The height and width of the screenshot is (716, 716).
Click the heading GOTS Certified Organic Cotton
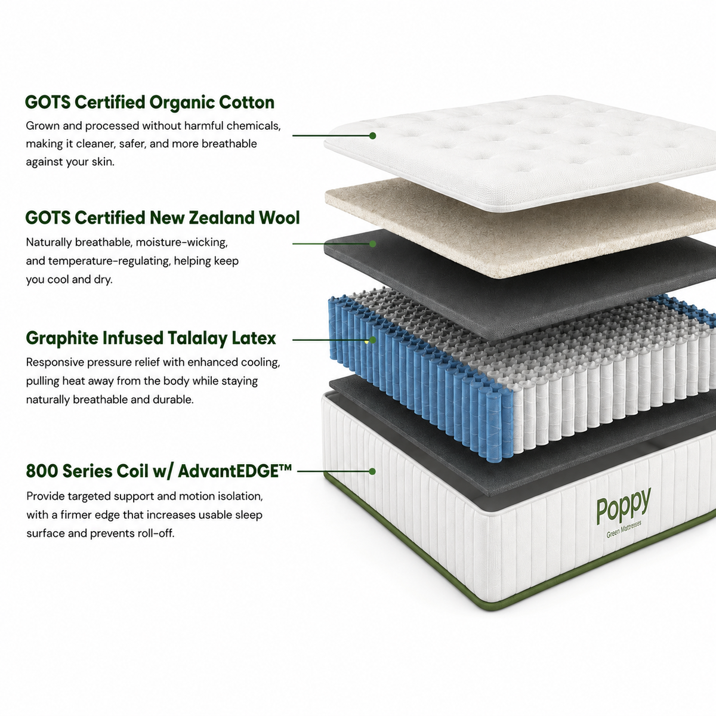pyautogui.click(x=150, y=103)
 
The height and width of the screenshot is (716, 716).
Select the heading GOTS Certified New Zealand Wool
pyautogui.click(x=162, y=218)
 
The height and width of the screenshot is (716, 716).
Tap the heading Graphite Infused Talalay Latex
pyautogui.click(x=151, y=338)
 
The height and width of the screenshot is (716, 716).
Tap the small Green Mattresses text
pyautogui.click(x=624, y=529)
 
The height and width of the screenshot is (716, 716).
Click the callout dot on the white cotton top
pyautogui.click(x=373, y=135)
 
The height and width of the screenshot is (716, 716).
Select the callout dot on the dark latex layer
pyautogui.click(x=373, y=244)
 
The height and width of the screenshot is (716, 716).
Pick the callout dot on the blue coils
pyautogui.click(x=373, y=340)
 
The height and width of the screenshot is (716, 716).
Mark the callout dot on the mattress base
pyautogui.click(x=372, y=471)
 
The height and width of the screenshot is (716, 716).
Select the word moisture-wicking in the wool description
pyautogui.click(x=182, y=243)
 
